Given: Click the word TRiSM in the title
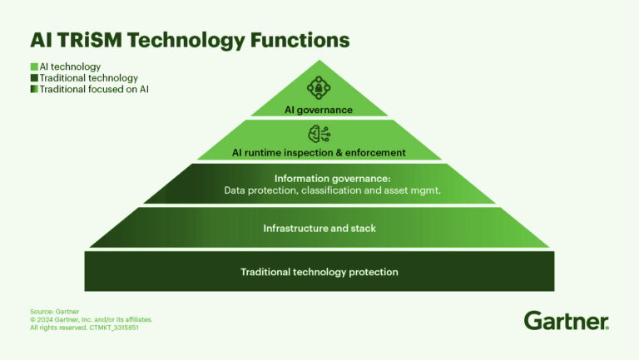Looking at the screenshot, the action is click(90, 40).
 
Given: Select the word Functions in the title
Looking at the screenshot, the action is click(300, 40).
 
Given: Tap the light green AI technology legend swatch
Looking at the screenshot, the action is click(34, 67).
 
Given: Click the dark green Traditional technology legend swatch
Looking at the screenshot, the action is click(34, 78).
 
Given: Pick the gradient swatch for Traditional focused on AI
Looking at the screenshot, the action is click(34, 89).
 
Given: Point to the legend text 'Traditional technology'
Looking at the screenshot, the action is click(89, 78).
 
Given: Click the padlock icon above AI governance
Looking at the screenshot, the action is click(319, 87).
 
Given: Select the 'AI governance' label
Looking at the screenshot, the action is click(319, 110).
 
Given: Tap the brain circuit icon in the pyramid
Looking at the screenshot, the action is click(319, 134).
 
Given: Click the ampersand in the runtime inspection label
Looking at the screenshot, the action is click(338, 153).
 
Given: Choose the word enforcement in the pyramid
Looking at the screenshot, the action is click(375, 153).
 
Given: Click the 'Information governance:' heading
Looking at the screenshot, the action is click(333, 179).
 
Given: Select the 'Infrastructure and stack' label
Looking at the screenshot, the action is click(319, 228).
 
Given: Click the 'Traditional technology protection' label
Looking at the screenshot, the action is click(319, 272).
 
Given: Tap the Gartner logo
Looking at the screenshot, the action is click(567, 320).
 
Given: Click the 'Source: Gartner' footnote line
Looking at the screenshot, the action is click(55, 312).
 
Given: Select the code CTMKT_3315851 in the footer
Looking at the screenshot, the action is click(114, 328).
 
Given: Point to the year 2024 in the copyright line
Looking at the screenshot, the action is click(45, 320).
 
